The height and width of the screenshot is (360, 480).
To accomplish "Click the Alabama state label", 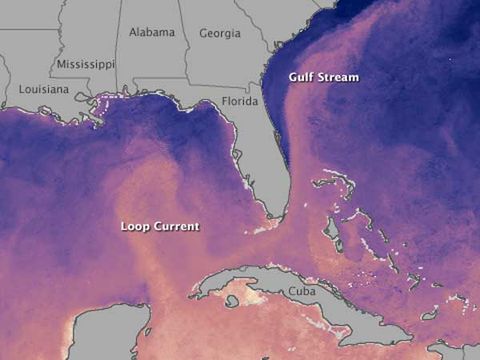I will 152,32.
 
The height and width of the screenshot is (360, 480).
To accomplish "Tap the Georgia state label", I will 220,33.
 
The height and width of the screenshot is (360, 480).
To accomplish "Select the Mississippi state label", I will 86,64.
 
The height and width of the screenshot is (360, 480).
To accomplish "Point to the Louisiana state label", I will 42,89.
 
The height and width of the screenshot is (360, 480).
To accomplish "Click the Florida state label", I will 239,101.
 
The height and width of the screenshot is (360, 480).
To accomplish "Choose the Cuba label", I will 300,290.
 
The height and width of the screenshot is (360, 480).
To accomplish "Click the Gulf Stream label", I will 323,77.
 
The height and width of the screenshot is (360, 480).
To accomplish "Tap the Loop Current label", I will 159,226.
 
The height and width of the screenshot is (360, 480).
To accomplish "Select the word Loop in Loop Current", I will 135,226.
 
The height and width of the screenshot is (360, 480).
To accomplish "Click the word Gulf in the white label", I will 302,77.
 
